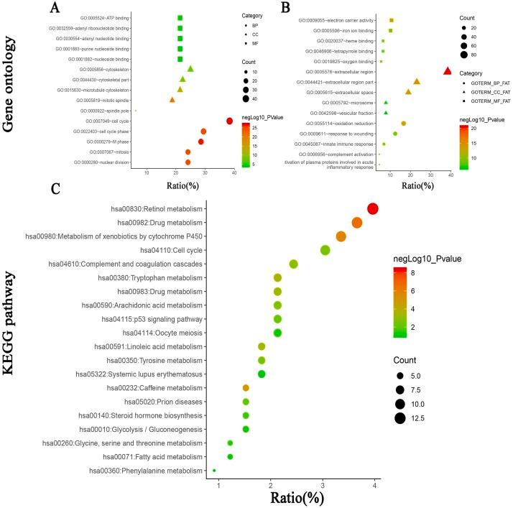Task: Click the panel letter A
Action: [x=55, y=9]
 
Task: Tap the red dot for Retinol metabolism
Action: [x=372, y=209]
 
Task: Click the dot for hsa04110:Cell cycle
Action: [x=325, y=250]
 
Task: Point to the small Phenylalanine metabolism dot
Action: [x=214, y=471]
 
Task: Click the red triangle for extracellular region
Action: [x=448, y=71]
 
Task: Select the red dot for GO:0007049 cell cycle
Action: [x=229, y=121]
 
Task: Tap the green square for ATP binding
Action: [x=180, y=18]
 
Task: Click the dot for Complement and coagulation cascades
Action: [x=293, y=264]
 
